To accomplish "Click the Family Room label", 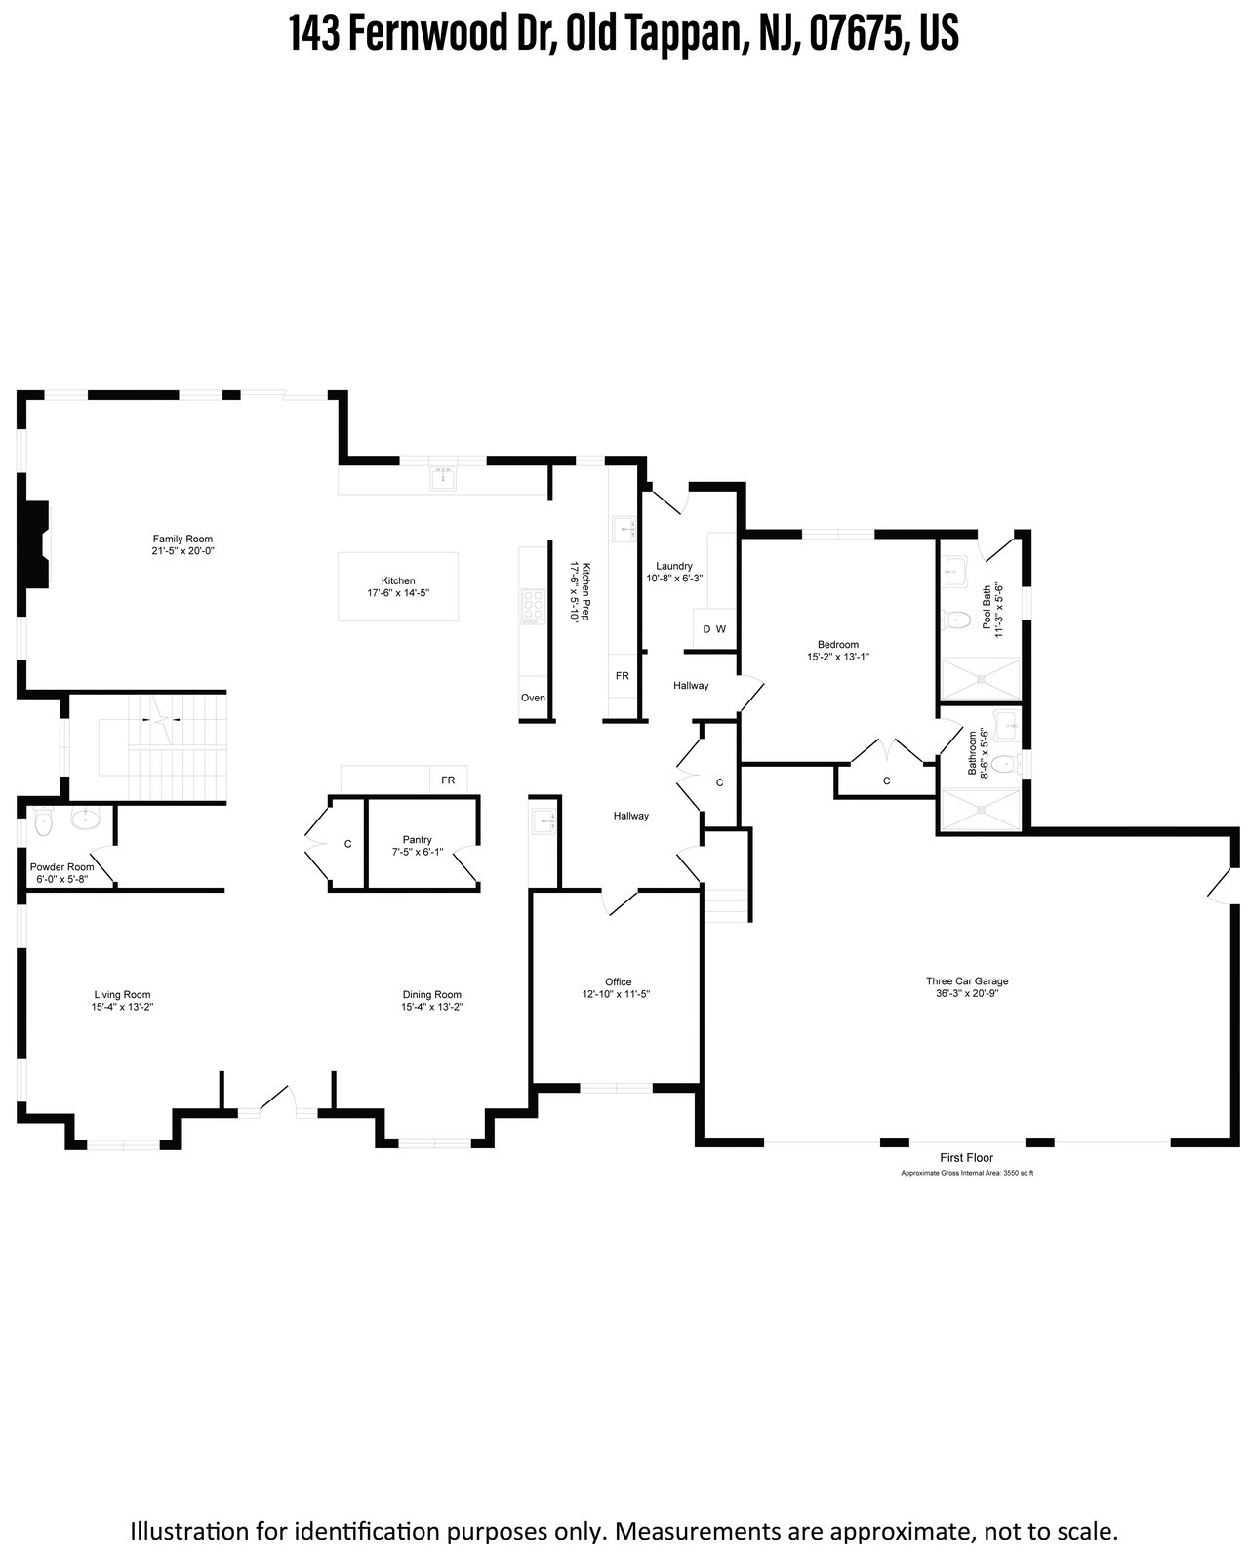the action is [182, 539].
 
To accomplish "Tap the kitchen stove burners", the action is [533, 608].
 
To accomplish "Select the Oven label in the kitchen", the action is [533, 698].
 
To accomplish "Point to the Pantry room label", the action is [417, 839].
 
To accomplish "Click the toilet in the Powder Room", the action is [44, 821].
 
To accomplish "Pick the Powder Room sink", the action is [86, 818].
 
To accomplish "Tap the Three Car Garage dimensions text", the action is [967, 993].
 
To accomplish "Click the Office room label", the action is [618, 981].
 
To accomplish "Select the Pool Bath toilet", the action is [957, 620].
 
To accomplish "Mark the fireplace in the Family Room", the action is [36, 543].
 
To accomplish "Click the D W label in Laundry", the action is [713, 629].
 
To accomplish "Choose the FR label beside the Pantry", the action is [448, 780].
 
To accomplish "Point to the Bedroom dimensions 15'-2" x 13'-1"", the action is [838, 657].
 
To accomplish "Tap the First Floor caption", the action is [966, 1158].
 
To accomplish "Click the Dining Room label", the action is [431, 994].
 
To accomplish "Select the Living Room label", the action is [122, 994].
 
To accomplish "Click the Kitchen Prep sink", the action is [624, 529].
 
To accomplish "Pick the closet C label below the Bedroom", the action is [886, 780].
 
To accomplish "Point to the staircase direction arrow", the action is [162, 720].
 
